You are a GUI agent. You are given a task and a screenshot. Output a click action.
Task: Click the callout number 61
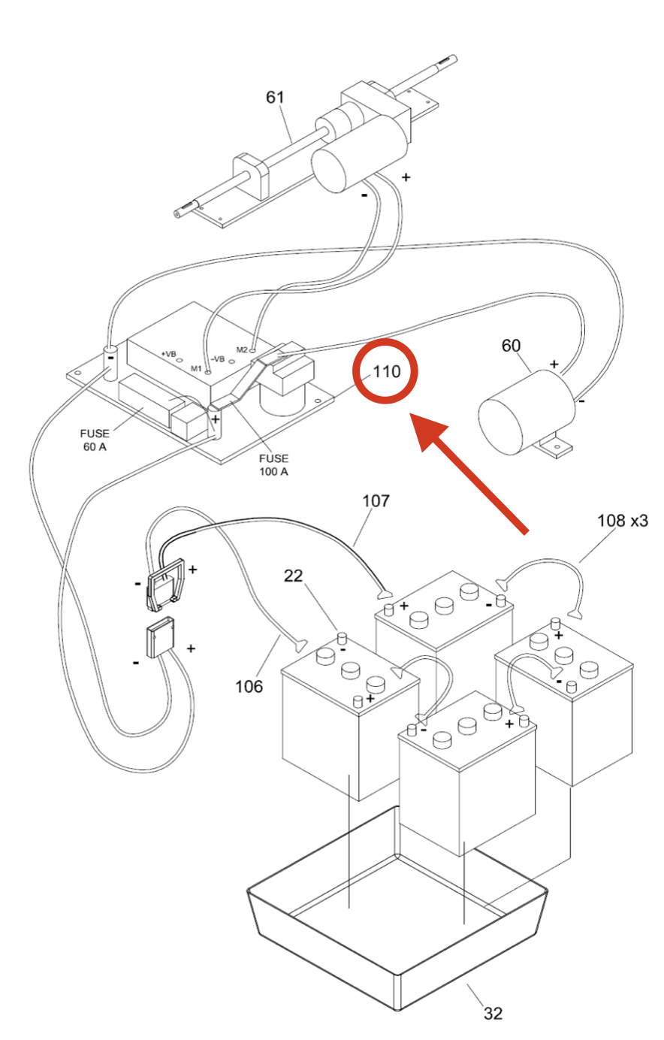click(275, 97)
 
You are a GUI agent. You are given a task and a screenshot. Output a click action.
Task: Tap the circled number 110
click(387, 371)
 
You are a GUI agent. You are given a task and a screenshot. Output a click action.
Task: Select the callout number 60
click(511, 346)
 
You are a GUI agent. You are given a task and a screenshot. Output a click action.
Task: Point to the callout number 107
click(376, 500)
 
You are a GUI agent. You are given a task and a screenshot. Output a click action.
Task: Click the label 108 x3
click(622, 521)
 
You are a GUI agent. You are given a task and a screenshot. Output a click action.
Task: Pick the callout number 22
click(293, 576)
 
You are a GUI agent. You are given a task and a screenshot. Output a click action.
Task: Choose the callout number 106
click(249, 686)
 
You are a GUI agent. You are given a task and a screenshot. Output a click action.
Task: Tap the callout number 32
click(493, 1013)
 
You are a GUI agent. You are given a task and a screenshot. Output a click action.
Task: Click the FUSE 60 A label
click(95, 440)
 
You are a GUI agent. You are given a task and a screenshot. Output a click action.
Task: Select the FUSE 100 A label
click(273, 464)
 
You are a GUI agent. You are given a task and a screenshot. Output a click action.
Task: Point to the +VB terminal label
click(168, 354)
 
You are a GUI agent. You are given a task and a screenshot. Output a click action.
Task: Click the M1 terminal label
click(196, 369)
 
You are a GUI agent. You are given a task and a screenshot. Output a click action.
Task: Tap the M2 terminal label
click(242, 349)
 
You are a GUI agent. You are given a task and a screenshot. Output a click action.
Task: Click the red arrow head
click(427, 432)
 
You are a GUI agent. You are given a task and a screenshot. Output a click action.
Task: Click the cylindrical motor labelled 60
click(527, 411)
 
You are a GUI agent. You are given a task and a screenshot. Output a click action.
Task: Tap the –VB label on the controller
click(218, 359)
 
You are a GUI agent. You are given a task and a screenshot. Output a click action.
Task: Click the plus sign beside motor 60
click(554, 364)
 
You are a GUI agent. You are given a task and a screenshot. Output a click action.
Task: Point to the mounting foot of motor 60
click(554, 446)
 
